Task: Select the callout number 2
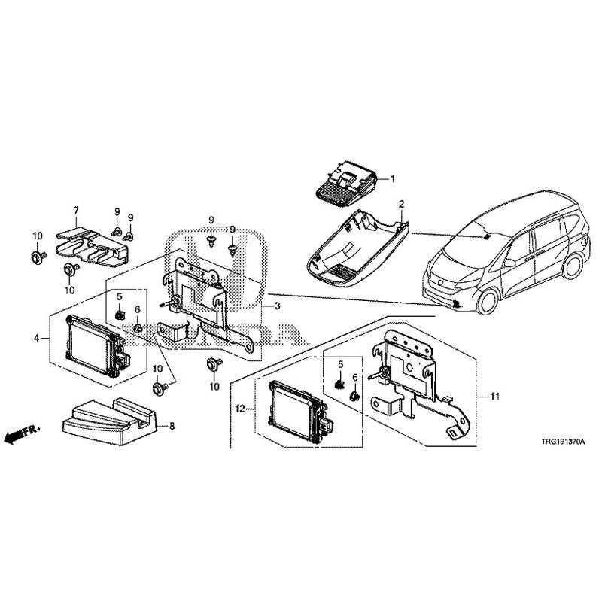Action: click(402, 203)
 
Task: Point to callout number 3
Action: click(277, 306)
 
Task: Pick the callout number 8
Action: click(172, 426)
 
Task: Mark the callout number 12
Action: click(240, 409)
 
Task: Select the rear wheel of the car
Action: click(575, 265)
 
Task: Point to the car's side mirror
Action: click(509, 263)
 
